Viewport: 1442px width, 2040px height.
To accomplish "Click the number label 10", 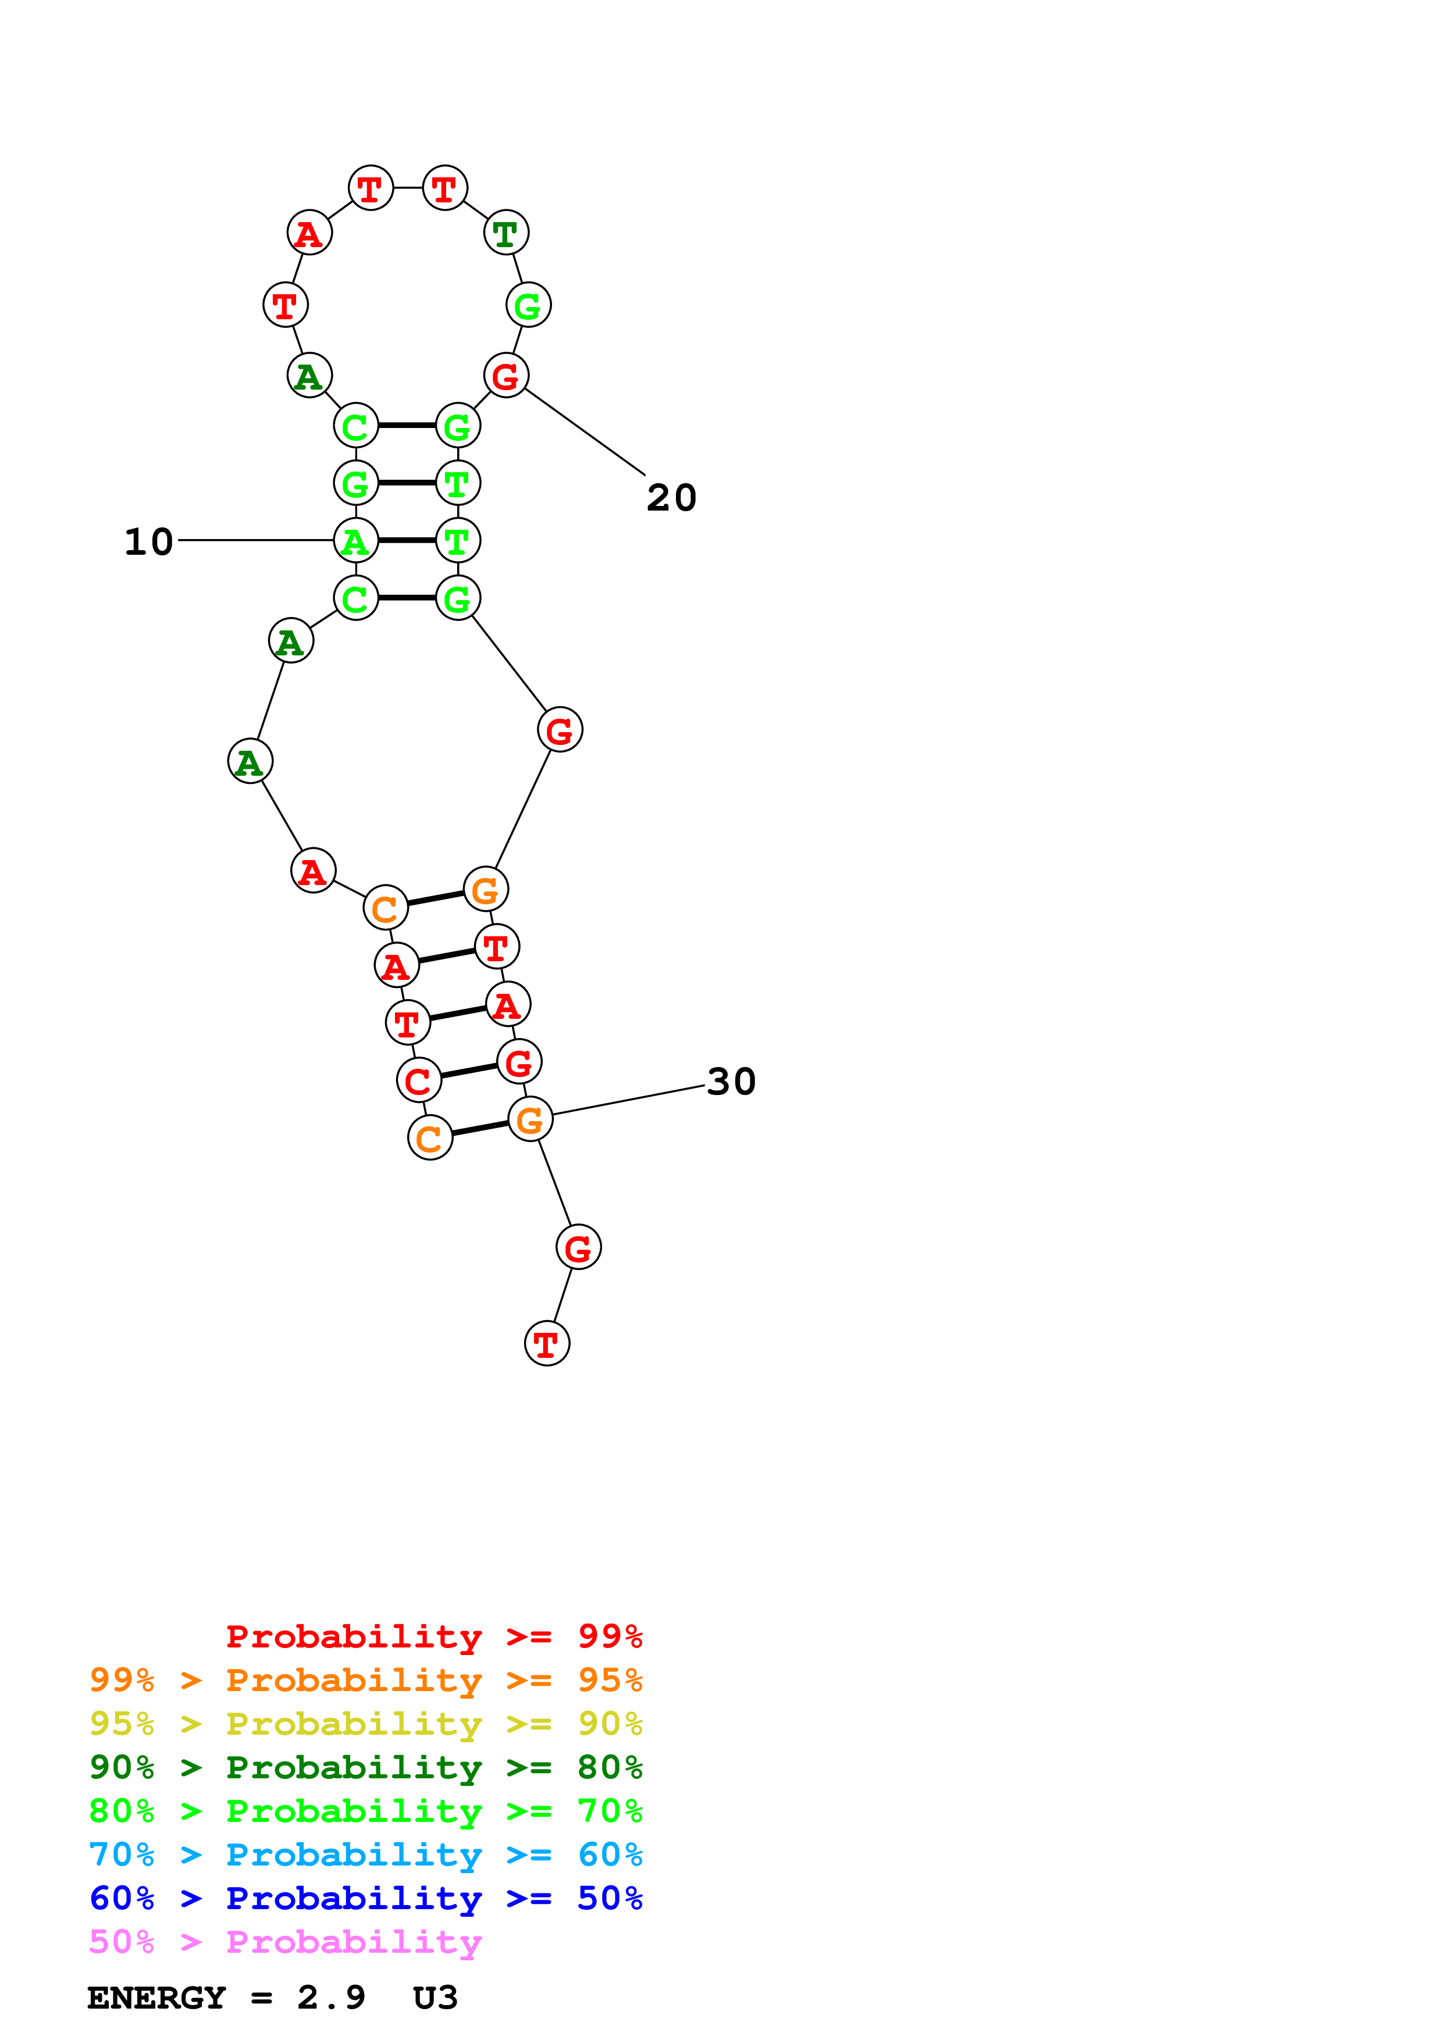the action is coord(148,542).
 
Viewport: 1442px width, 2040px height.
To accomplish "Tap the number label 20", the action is coord(672,498).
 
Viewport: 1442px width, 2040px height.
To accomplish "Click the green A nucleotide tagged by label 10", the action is coord(355,540).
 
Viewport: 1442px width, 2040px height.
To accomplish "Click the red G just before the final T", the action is coord(578,1247).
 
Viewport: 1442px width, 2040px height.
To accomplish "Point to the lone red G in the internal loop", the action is coord(560,730).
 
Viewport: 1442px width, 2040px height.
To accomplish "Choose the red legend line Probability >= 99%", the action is coord(433,1636).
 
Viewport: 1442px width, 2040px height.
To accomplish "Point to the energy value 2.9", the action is coord(330,1998).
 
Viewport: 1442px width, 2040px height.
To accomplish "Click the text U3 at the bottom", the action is coord(435,1998).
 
